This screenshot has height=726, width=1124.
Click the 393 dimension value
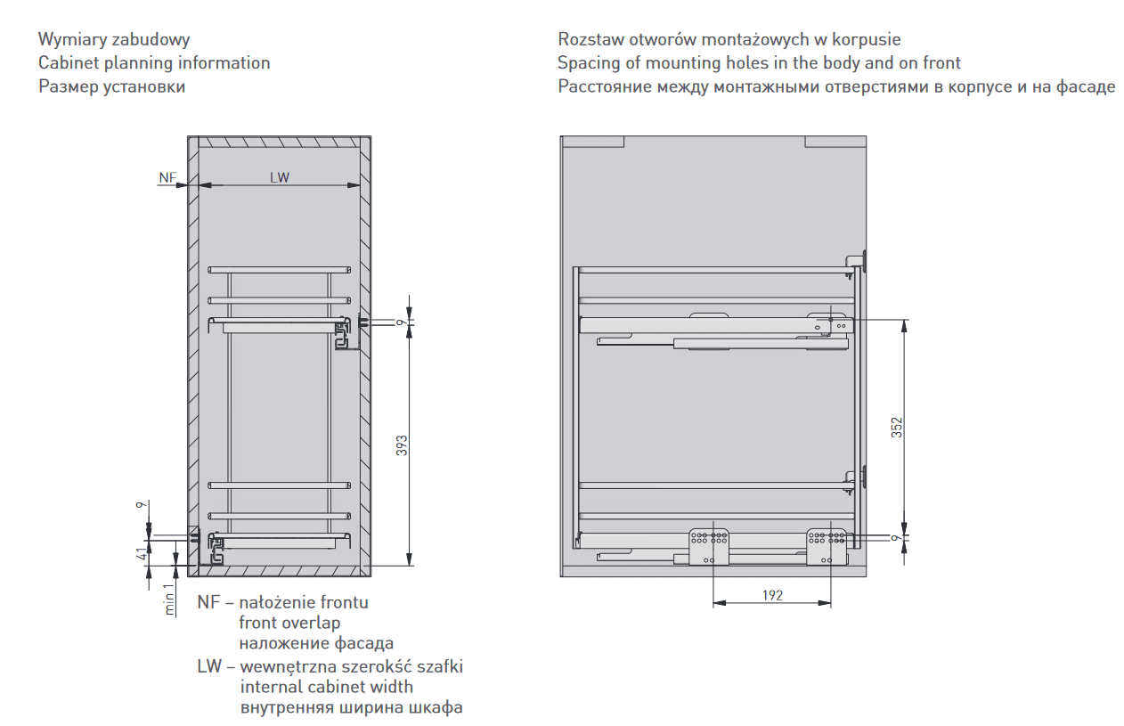click(x=402, y=445)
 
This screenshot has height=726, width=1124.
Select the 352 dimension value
click(x=897, y=427)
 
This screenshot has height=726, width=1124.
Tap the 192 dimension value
click(x=772, y=595)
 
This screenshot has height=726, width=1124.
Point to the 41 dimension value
click(x=140, y=554)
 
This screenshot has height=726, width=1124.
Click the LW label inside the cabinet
click(x=280, y=177)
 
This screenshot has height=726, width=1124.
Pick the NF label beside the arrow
click(x=167, y=177)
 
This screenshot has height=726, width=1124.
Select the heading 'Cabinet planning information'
click(x=154, y=63)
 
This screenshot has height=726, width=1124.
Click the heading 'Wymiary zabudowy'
click(x=114, y=40)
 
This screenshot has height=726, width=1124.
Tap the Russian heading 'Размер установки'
click(x=112, y=86)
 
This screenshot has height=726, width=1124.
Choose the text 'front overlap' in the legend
click(x=289, y=623)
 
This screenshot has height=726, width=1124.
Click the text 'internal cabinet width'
click(x=326, y=687)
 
